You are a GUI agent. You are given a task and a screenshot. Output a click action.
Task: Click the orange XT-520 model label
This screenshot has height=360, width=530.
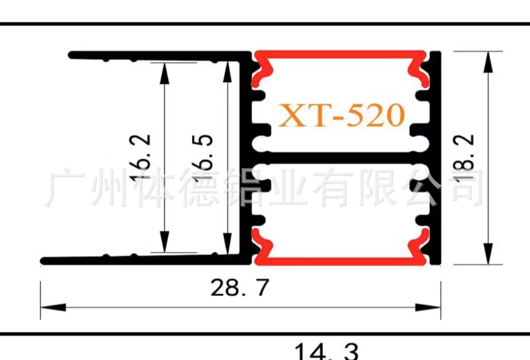pyautogui.click(x=341, y=116)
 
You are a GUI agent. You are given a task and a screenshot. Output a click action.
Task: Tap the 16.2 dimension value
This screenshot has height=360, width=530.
pyautogui.click(x=140, y=157)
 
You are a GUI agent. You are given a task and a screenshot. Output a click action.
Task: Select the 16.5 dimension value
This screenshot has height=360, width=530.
pyautogui.click(x=202, y=157)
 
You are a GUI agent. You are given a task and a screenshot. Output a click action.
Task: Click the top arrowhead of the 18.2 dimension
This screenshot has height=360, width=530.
pyautogui.click(x=487, y=62)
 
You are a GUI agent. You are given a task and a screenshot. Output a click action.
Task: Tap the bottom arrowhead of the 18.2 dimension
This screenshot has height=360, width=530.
pyautogui.click(x=487, y=254)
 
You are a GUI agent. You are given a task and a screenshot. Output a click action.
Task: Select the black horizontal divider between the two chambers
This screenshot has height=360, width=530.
pyautogui.click(x=340, y=157)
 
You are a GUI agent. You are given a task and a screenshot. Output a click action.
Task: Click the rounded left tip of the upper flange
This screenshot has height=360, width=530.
pyautogui.click(x=72, y=55)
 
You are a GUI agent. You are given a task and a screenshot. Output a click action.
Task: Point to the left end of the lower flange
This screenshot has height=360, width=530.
pyautogui.click(x=44, y=261)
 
